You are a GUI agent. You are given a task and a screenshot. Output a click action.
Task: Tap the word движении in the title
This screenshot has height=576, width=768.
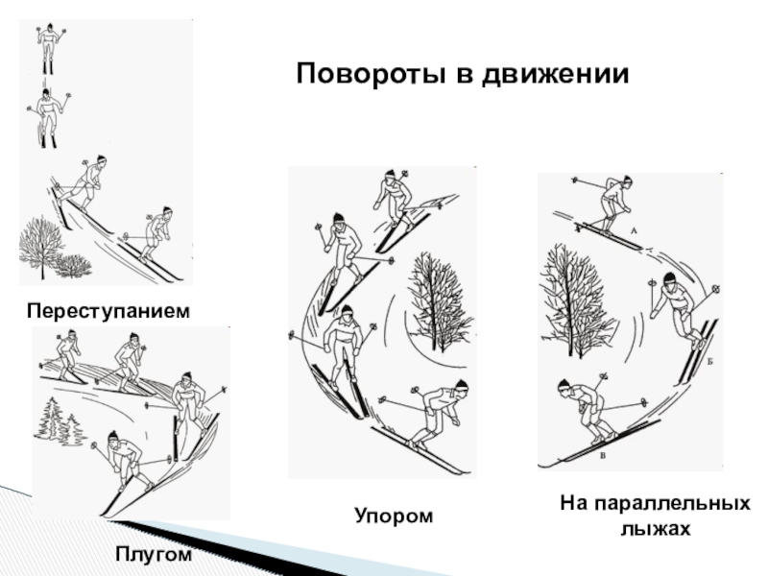pyautogui.click(x=542, y=75)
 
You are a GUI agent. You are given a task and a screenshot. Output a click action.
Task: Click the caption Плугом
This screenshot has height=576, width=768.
pyautogui.click(x=154, y=555)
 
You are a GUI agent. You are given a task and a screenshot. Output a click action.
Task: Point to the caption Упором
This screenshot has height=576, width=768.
pyautogui.click(x=394, y=516)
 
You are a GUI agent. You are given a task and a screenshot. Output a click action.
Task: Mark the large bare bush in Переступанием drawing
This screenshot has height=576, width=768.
pyautogui.click(x=40, y=248)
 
